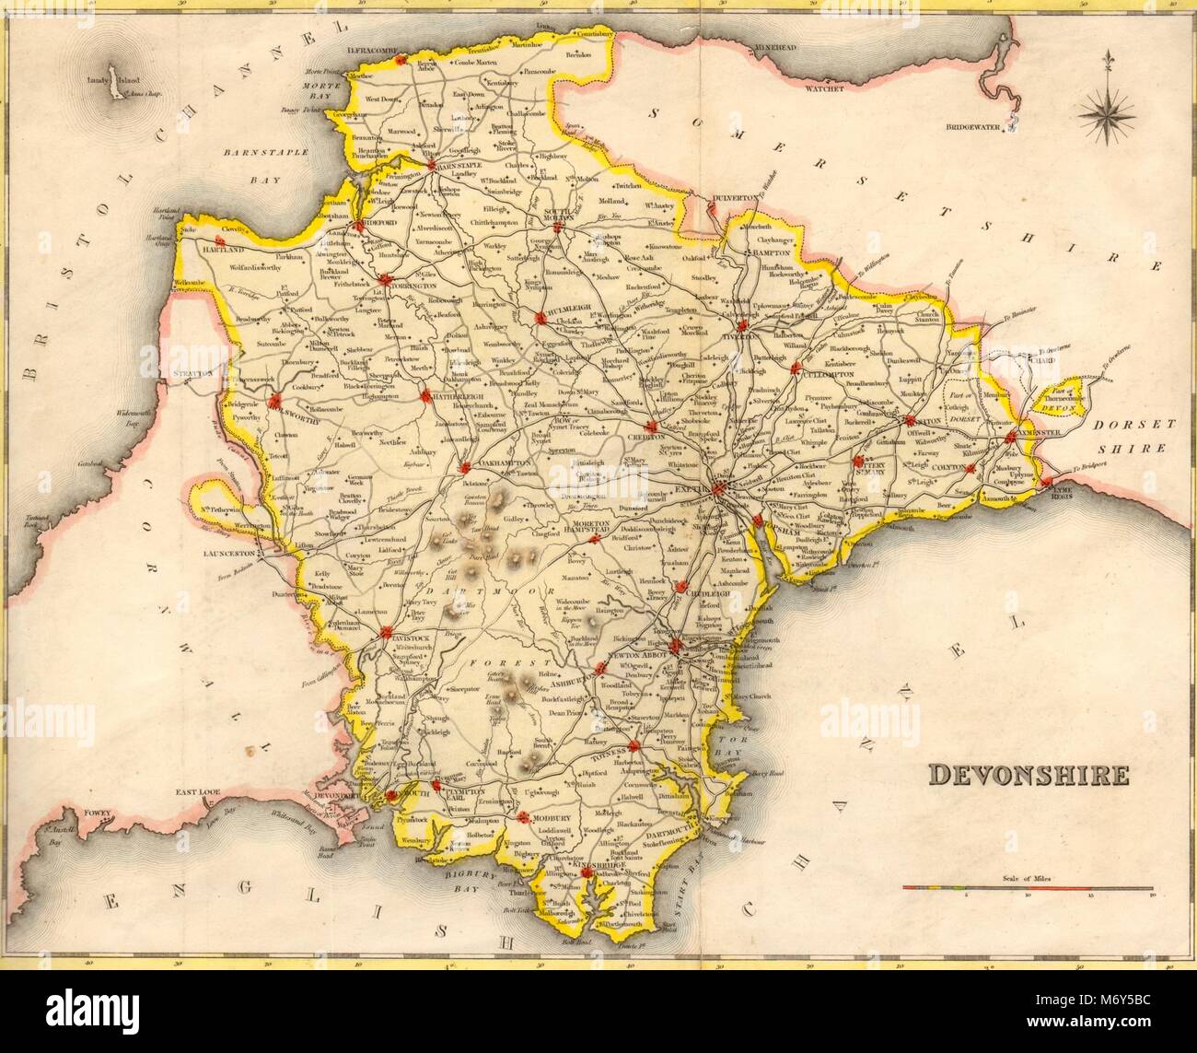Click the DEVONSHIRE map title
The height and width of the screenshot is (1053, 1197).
(1027, 774)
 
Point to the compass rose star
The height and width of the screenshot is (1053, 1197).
(1105, 115)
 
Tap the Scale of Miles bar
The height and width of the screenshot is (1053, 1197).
(1027, 889)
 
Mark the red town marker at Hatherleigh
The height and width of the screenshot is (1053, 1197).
(426, 397)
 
